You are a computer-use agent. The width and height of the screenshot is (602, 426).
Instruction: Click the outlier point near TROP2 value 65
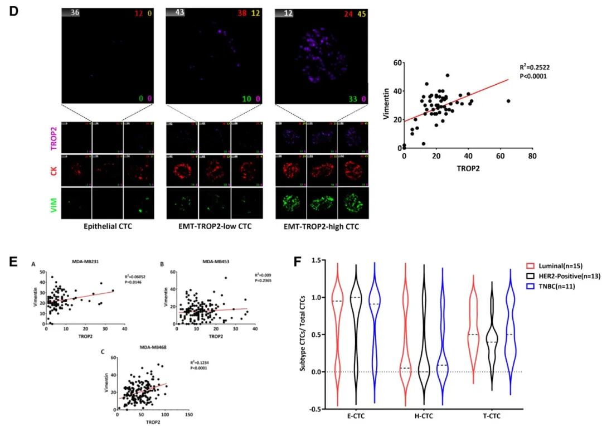(508, 101)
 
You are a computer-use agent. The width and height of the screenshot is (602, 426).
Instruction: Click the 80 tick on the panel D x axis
(532, 157)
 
